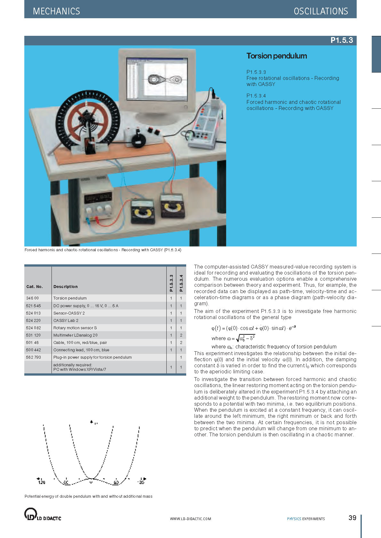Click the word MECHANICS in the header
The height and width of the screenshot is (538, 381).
pos(56,11)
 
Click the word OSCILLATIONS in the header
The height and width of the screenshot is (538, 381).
pos(321,11)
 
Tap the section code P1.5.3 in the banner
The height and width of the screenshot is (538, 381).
pos(341,40)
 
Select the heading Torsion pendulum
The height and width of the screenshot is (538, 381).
pos(276,56)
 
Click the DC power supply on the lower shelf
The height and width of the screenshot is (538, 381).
pos(97,200)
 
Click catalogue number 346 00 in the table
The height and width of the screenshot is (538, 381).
pos(32,298)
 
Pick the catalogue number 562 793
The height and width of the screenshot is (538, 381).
pos(34,357)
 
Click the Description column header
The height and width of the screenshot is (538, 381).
pos(65,287)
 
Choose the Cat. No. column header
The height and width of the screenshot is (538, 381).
pos(34,287)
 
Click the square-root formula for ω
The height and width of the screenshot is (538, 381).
pos(241,338)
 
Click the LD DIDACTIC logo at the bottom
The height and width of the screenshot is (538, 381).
pos(43,514)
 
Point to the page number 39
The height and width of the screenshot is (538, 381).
pos(352,518)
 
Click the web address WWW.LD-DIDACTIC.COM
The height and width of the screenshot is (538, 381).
pos(190,519)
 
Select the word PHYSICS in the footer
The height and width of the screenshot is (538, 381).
pos(294,519)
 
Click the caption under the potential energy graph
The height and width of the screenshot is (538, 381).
pos(88,496)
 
